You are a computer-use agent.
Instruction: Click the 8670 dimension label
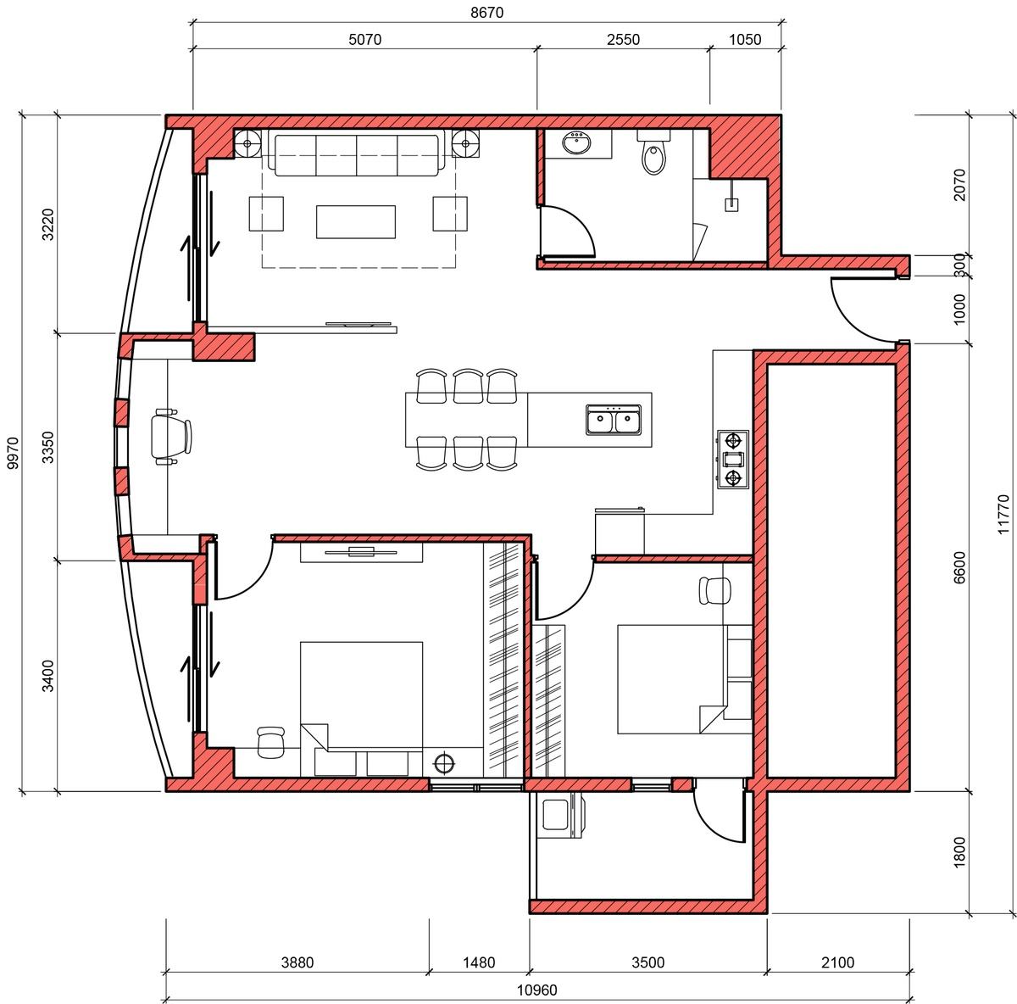(x=486, y=12)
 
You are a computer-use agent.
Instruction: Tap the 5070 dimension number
(x=364, y=39)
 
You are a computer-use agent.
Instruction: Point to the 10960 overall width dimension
(x=536, y=990)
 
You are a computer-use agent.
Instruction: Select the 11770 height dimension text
(x=1003, y=514)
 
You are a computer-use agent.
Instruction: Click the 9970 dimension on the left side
(x=13, y=453)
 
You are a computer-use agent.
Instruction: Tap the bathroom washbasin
(x=576, y=143)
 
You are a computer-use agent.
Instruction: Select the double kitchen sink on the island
(x=614, y=420)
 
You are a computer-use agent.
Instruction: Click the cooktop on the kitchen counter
(x=733, y=459)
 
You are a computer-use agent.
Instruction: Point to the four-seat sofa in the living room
(x=356, y=154)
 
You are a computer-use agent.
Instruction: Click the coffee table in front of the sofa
(x=356, y=222)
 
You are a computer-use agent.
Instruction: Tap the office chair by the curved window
(x=171, y=436)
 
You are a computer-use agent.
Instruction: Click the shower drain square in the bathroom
(x=731, y=204)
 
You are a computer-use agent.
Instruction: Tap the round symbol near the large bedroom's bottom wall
(x=444, y=762)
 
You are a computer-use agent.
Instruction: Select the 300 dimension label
(x=959, y=265)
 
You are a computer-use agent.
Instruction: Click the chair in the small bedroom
(x=714, y=590)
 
